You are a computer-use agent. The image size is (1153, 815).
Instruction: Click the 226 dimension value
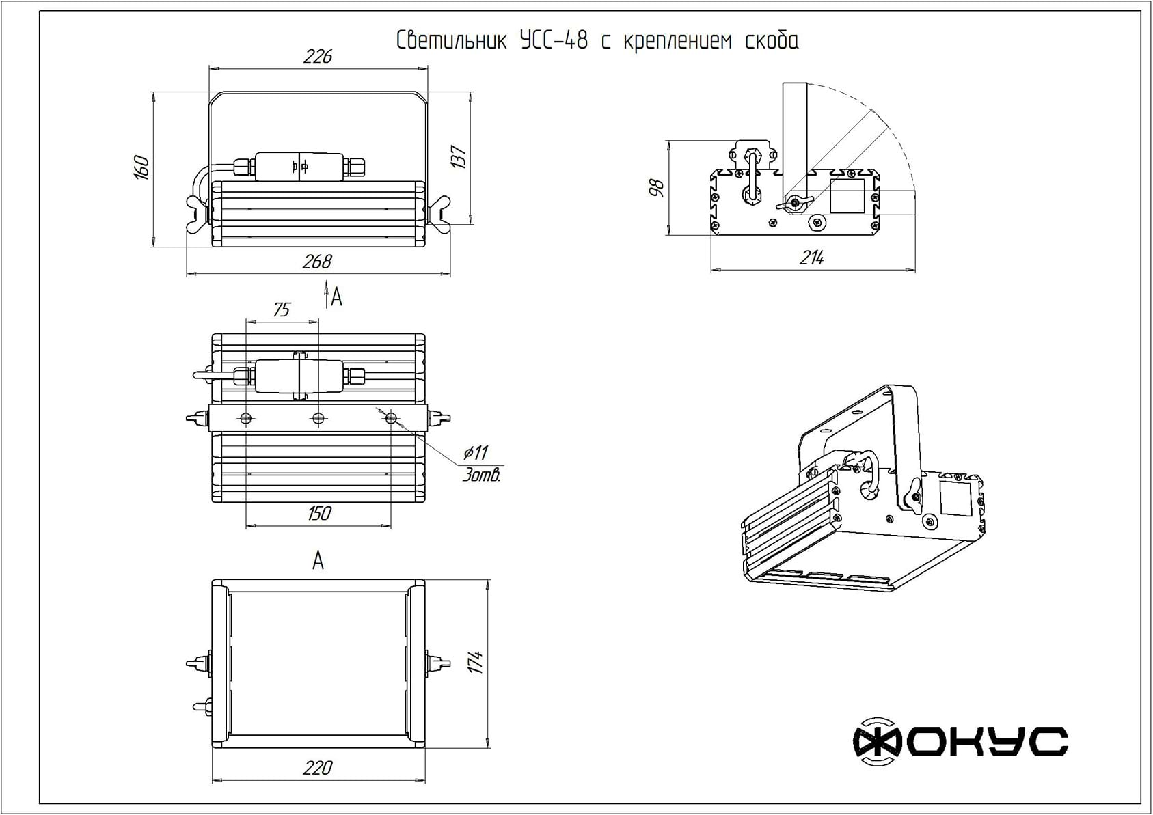318,56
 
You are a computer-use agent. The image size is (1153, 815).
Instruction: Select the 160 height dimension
141,167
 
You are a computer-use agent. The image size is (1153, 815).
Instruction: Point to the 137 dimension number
458,157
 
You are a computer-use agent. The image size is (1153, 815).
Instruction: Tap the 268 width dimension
317,262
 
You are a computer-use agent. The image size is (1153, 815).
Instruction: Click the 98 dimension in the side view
656,188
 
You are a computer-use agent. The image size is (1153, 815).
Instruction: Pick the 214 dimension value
812,258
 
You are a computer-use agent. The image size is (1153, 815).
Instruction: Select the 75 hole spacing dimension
282,309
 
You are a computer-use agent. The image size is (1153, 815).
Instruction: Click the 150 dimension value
319,513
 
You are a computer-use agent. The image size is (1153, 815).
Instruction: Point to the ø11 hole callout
476,453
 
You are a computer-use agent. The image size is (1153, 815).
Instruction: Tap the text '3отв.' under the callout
481,475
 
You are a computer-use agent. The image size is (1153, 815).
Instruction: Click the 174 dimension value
476,662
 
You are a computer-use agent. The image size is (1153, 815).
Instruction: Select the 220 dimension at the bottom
318,768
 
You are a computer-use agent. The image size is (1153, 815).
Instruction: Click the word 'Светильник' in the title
451,40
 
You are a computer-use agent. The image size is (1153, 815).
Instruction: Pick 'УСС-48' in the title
554,40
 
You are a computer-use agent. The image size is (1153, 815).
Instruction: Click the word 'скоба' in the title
772,40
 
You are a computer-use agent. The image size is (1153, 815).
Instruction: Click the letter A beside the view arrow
337,297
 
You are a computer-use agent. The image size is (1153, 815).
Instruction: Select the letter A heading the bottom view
318,560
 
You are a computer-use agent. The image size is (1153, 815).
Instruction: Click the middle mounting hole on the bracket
318,418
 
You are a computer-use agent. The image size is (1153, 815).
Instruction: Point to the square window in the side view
847,196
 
